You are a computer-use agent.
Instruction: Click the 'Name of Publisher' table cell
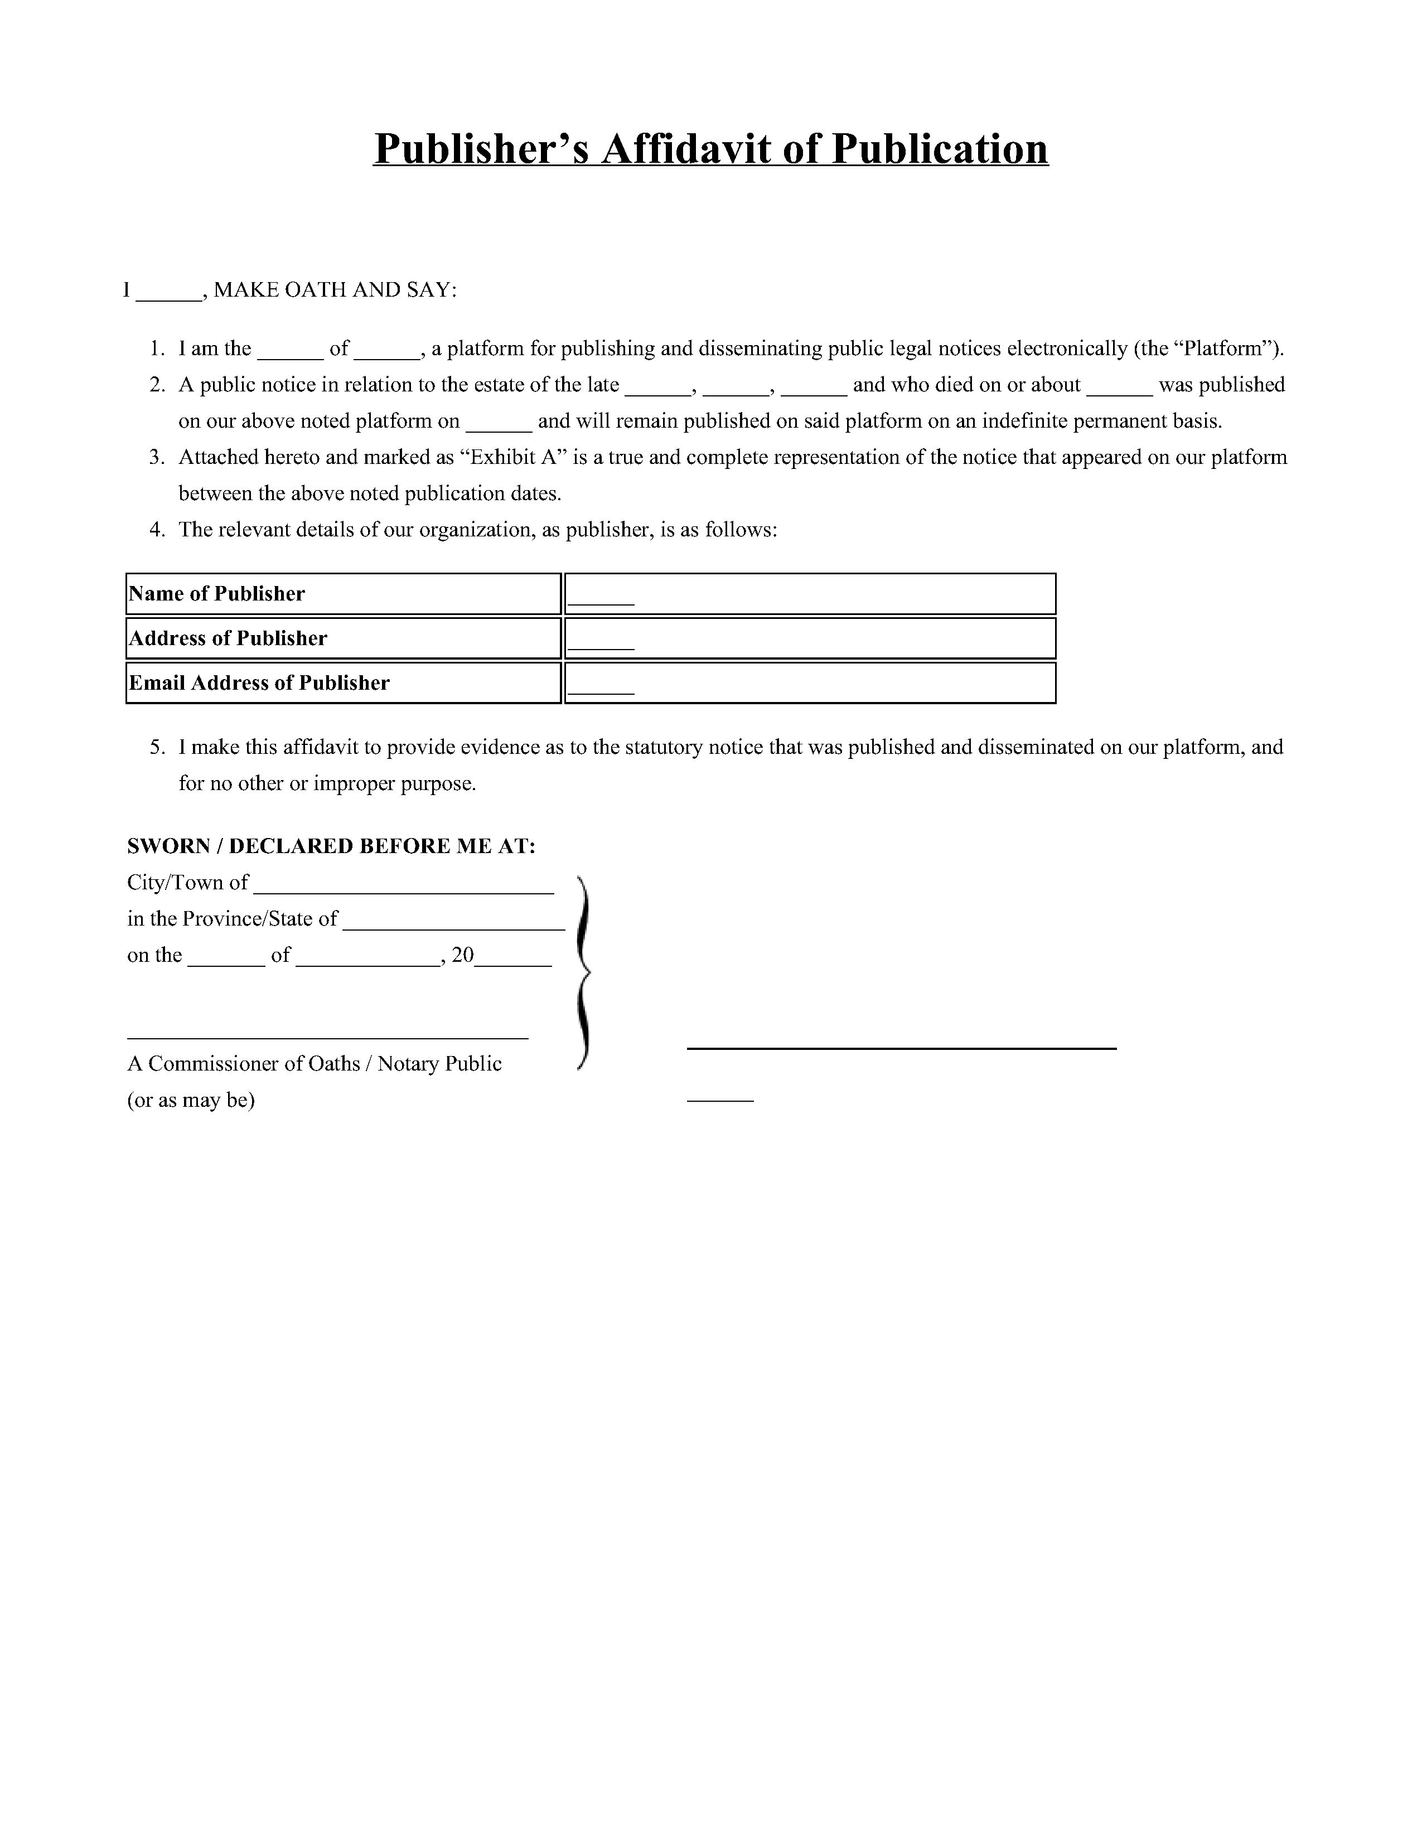(x=343, y=594)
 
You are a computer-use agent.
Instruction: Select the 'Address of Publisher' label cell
(x=343, y=638)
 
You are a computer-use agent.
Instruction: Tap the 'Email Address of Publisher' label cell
(x=343, y=683)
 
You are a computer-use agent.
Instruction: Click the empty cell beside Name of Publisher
(x=810, y=594)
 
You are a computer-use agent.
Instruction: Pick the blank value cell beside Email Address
(x=810, y=683)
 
